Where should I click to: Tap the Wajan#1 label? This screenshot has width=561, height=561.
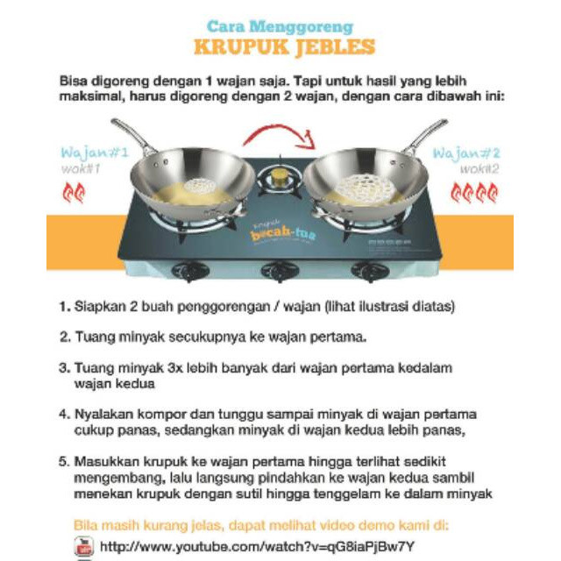(x=96, y=152)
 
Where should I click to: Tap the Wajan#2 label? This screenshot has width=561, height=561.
(x=465, y=152)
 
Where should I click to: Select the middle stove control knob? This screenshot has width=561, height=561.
(x=280, y=271)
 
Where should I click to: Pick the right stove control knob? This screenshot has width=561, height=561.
(x=369, y=271)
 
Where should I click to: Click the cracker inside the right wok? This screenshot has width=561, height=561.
(x=367, y=186)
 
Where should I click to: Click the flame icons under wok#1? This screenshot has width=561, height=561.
(x=74, y=192)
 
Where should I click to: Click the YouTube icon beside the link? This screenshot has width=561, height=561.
(x=84, y=546)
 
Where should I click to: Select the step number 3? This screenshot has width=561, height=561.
(x=64, y=368)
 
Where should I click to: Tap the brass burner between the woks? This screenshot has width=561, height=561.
(x=280, y=178)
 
